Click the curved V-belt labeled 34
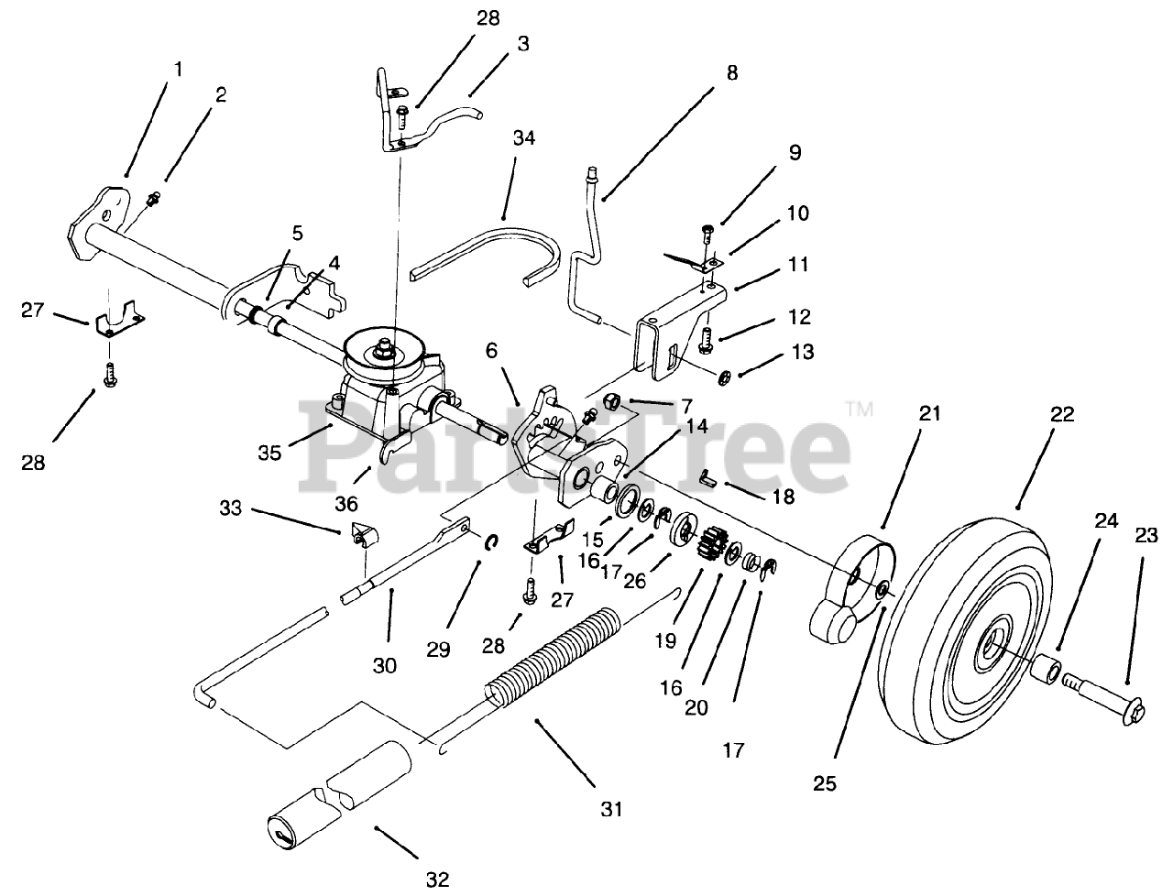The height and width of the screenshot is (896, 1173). coord(486,247)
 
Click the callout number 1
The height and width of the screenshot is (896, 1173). coord(179,68)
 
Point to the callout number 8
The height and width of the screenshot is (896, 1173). coord(731,72)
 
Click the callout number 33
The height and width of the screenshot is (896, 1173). coord(231,507)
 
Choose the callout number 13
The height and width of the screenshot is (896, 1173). coord(803,352)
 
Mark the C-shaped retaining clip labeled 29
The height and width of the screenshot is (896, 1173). coord(491,544)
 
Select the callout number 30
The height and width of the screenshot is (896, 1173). coord(385,665)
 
